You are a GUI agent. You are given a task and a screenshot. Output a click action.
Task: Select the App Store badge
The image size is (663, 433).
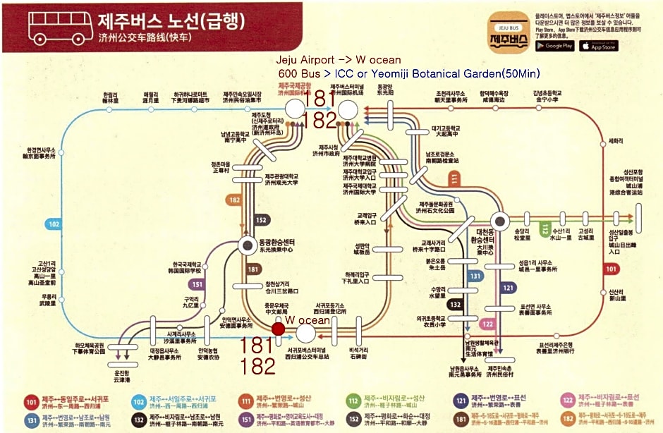point(598,46)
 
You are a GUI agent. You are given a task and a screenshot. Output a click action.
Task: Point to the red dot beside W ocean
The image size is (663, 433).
point(279,328)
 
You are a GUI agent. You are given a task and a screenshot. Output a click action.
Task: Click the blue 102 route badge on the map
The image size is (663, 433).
point(54,224)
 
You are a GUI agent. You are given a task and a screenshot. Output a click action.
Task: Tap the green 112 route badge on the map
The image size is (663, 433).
point(545,228)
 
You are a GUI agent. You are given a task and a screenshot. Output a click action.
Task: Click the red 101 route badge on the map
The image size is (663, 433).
point(611,269)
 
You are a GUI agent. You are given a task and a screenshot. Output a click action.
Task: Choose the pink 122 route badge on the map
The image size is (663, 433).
point(487,324)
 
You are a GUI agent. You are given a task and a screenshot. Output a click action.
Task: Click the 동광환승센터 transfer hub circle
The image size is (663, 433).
point(248,245)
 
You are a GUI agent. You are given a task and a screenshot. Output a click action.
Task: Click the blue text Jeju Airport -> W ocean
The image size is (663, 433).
point(339,60)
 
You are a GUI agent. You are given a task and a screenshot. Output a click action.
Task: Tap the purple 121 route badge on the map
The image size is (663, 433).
point(509,288)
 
